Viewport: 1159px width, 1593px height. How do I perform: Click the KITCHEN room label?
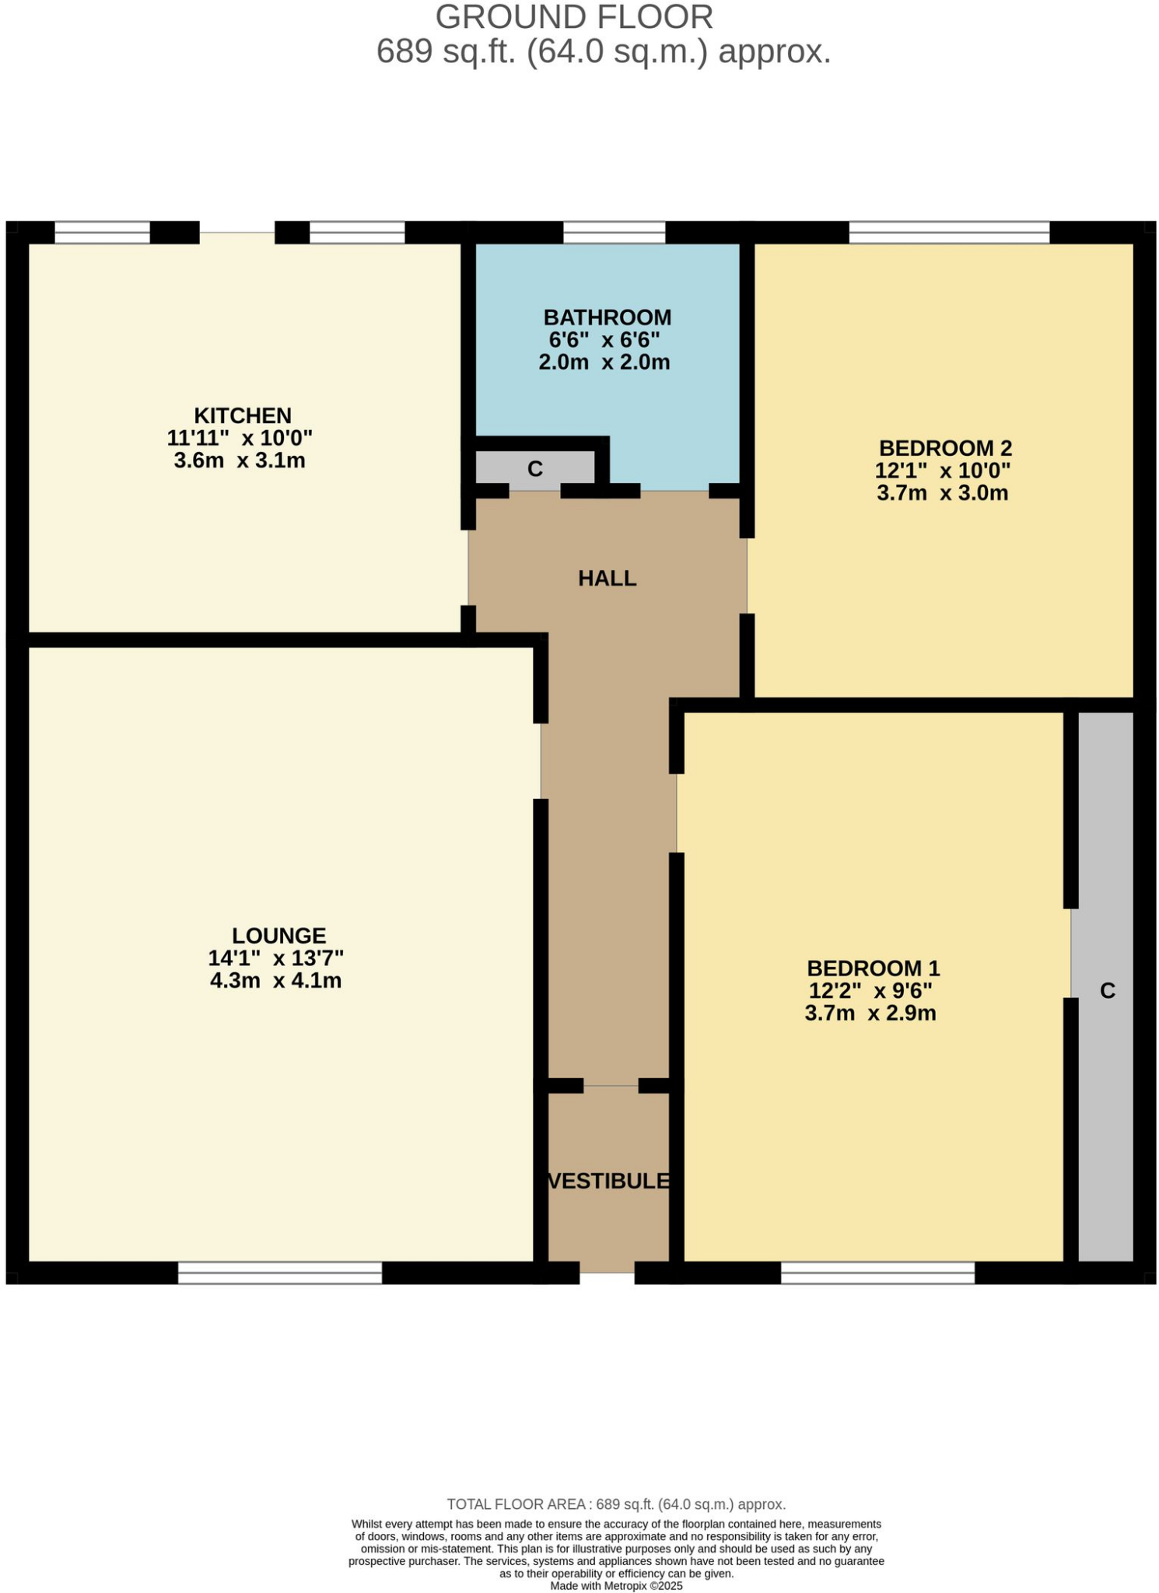(x=242, y=415)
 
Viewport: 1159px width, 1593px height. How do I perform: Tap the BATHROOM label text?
(x=607, y=317)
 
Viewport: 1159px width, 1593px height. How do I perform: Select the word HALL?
(x=607, y=578)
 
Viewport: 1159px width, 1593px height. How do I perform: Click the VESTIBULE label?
(x=608, y=1181)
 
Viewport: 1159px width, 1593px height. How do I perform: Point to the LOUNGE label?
(x=278, y=935)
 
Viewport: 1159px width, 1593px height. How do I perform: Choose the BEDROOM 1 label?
(x=873, y=968)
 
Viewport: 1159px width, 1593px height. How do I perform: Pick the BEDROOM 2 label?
(x=945, y=448)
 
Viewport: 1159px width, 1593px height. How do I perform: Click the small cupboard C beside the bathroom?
(x=535, y=469)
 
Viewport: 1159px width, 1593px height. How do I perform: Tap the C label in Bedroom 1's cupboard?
(x=1107, y=990)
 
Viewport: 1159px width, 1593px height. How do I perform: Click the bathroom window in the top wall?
(x=614, y=232)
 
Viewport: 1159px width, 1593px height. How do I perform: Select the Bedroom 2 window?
(x=948, y=232)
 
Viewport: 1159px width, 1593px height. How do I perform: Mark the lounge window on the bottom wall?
(x=279, y=1273)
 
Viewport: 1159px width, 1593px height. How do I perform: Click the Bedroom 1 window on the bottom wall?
(x=877, y=1273)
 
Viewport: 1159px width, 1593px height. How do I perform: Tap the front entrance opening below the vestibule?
(x=607, y=1273)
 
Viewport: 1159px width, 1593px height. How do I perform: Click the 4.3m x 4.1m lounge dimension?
(x=275, y=980)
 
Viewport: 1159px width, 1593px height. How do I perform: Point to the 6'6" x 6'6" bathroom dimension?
(x=604, y=340)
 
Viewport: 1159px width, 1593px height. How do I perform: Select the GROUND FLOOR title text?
(x=573, y=17)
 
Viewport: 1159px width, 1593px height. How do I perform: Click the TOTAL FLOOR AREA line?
(x=616, y=1504)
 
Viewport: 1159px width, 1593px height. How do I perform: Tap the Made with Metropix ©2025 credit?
(x=616, y=1585)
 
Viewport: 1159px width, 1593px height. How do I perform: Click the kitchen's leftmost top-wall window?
(x=102, y=232)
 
